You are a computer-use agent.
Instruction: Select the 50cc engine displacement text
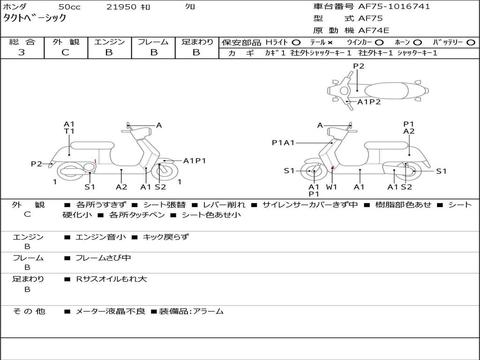69,7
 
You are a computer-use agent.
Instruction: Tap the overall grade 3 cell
22,52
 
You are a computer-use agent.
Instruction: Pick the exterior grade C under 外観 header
65,52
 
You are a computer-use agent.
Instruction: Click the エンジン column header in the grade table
109,42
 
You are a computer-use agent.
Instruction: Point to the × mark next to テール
330,43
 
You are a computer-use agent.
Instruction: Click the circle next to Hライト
296,43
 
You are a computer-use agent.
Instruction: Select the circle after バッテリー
471,43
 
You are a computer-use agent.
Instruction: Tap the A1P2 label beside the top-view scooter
369,102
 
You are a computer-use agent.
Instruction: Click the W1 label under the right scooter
332,187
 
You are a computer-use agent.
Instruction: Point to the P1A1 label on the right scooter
283,143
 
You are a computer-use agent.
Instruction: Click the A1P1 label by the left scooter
195,161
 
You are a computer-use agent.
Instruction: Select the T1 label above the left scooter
69,131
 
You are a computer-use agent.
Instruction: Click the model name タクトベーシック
35,18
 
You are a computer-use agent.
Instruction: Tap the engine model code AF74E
374,30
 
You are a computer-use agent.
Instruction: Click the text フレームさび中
103,258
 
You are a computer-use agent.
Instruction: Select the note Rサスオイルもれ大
112,279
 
